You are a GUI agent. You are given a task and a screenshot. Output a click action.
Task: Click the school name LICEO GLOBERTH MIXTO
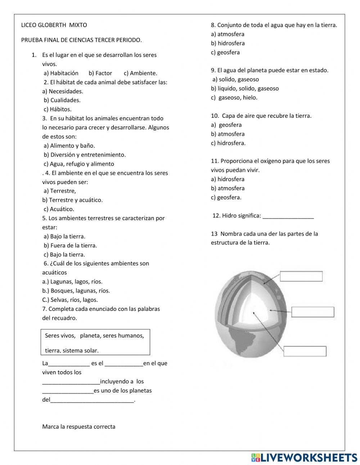54,25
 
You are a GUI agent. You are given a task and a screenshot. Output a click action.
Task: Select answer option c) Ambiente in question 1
140,73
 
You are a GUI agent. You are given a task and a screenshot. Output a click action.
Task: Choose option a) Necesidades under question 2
63,91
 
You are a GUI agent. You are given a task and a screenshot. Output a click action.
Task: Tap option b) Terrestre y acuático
72,200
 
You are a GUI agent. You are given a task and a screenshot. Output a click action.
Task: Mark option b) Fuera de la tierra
70,246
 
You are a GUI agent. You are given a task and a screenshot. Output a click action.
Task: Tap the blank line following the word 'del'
92,400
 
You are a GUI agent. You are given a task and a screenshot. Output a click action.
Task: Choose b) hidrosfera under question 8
228,43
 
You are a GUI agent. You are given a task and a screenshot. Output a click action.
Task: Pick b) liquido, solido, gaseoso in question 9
245,89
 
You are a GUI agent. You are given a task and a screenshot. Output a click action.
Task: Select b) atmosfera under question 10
228,134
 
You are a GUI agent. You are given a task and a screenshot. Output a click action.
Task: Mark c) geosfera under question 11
226,197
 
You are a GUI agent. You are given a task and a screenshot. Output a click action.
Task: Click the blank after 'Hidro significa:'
288,216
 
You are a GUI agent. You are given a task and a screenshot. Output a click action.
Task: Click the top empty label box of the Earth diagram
301,276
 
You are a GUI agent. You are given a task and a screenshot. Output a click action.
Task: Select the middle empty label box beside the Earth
312,312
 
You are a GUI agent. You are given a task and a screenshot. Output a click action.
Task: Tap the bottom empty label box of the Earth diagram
305,351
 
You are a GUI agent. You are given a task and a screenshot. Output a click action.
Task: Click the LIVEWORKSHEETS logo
304,457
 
